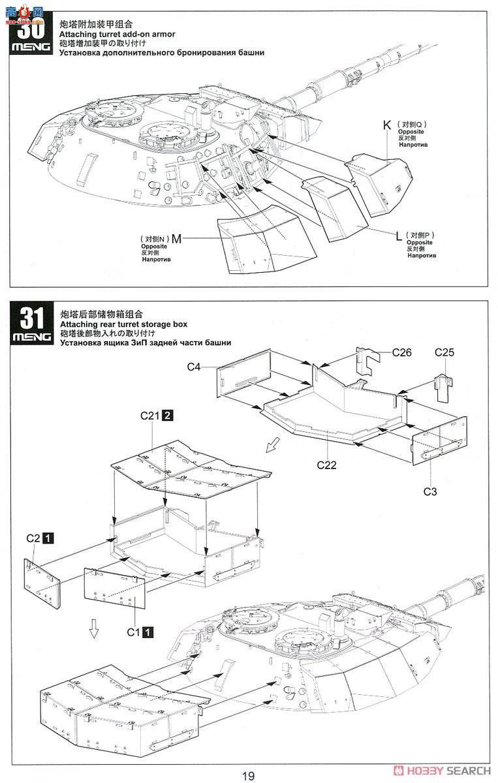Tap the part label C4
(193, 367)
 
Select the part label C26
(402, 352)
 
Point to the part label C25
(444, 352)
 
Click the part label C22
(326, 465)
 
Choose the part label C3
(429, 491)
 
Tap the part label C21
(151, 416)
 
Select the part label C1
(134, 632)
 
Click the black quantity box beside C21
(168, 416)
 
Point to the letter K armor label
(386, 125)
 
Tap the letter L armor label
(398, 236)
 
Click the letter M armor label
(176, 239)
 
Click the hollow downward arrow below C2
(94, 628)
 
